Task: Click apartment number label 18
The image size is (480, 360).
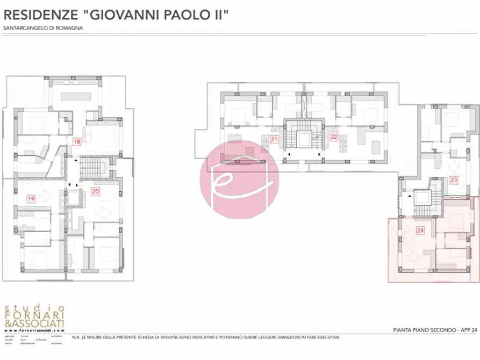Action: pyautogui.click(x=77, y=142)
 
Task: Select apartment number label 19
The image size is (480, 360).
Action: pyautogui.click(x=31, y=199)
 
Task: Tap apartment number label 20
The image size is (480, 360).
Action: pyautogui.click(x=95, y=191)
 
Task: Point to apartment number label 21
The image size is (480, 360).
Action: pyautogui.click(x=274, y=140)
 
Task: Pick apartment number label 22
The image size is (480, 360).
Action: pyautogui.click(x=334, y=136)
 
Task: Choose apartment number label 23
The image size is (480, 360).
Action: pyautogui.click(x=454, y=180)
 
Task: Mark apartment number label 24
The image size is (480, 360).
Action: pyautogui.click(x=420, y=231)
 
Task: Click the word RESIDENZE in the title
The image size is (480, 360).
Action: pyautogui.click(x=41, y=15)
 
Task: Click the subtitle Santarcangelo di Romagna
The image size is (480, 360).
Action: pyautogui.click(x=39, y=28)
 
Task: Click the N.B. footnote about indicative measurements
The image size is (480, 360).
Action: pyautogui.click(x=205, y=337)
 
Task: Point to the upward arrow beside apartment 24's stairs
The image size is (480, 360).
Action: pyautogui.click(x=410, y=197)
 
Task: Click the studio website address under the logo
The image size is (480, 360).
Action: pyautogui.click(x=34, y=330)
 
